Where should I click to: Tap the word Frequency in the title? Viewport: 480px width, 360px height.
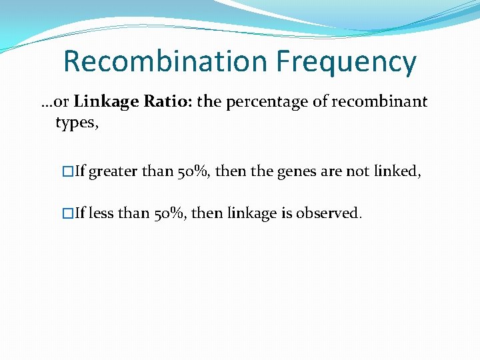click(x=346, y=62)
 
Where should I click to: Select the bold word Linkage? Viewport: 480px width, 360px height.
click(x=102, y=102)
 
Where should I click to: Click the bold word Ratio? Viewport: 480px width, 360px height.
click(x=154, y=102)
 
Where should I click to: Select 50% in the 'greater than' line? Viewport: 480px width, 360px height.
click(x=194, y=171)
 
